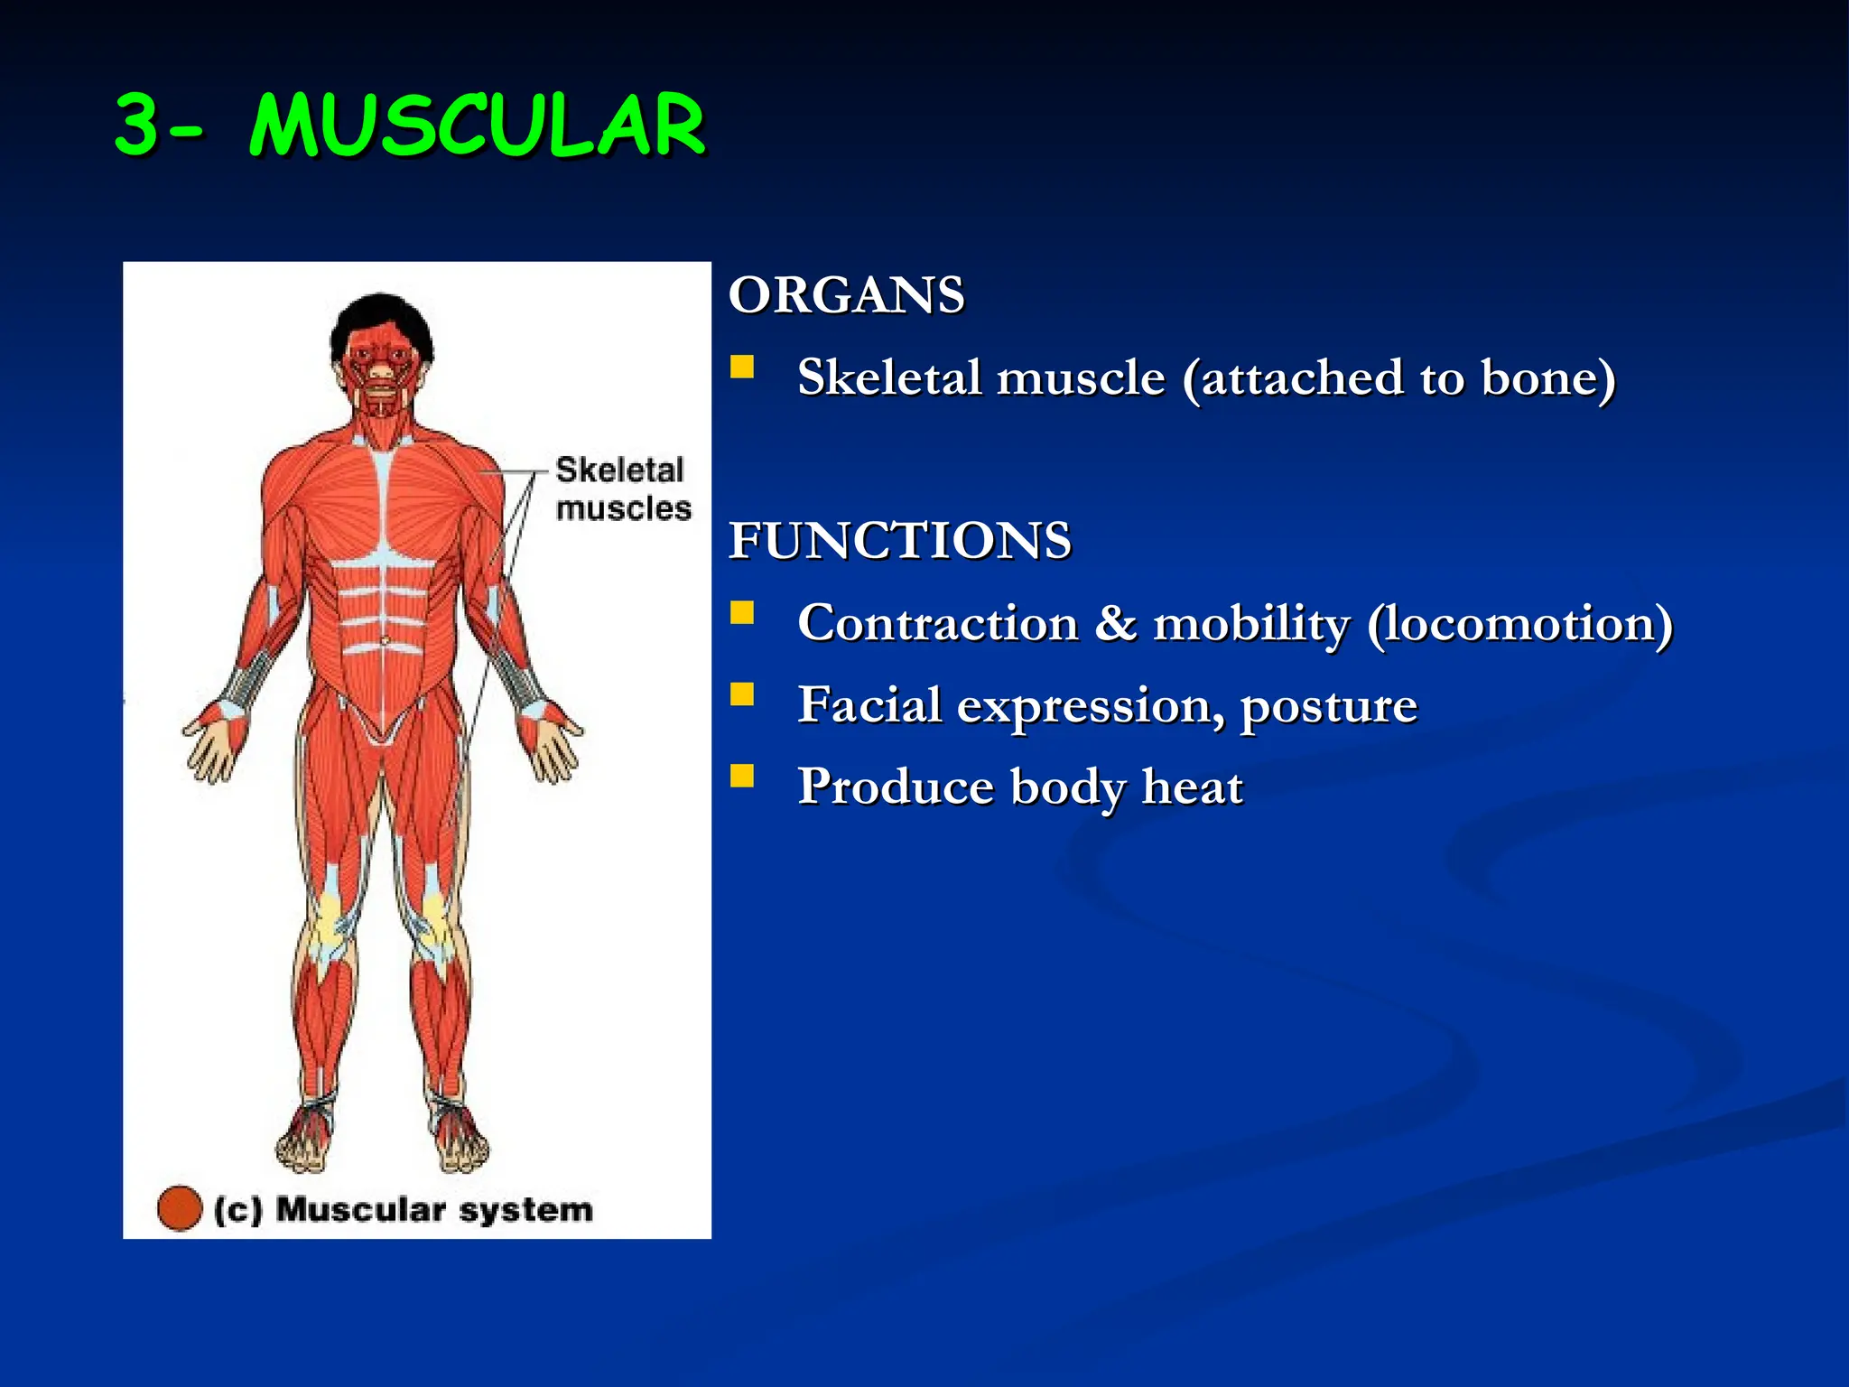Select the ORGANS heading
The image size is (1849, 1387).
pyautogui.click(x=846, y=295)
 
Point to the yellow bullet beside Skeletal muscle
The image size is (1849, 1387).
pyautogui.click(x=741, y=367)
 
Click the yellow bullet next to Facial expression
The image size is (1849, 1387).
pyautogui.click(x=741, y=694)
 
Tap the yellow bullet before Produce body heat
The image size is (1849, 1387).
pyautogui.click(x=741, y=776)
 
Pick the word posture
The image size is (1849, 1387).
pyautogui.click(x=1328, y=706)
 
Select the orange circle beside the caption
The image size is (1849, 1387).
pyautogui.click(x=179, y=1208)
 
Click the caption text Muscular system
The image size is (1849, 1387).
pyautogui.click(x=433, y=1209)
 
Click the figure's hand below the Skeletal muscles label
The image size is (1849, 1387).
pyautogui.click(x=550, y=743)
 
